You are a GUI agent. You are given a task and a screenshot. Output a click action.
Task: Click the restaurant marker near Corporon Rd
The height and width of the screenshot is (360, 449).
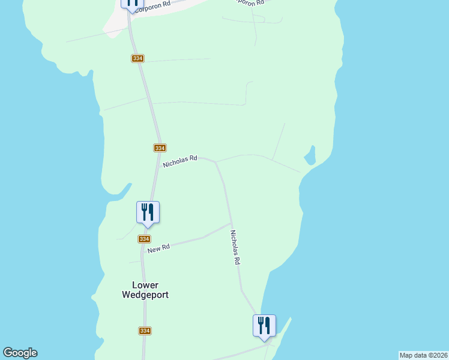click(132, 2)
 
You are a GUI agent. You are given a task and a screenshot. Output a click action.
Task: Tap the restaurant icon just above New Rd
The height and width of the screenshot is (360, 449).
click(148, 212)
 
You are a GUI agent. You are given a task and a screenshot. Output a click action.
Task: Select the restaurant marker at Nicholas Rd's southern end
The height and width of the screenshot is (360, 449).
click(264, 326)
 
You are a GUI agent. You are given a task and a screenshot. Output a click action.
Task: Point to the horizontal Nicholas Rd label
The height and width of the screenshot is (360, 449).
click(180, 161)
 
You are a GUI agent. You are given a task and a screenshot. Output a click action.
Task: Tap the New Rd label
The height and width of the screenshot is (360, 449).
click(158, 248)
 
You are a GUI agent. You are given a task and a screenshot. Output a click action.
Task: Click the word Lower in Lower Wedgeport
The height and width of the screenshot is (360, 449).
click(145, 285)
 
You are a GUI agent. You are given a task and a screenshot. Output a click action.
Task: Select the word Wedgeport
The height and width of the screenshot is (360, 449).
click(145, 295)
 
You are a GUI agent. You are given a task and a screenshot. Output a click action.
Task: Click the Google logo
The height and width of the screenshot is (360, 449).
click(20, 353)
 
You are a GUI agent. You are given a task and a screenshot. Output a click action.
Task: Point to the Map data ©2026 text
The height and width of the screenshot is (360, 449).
click(423, 355)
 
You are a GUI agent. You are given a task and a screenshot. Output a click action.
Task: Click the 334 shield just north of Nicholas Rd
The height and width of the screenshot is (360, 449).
click(159, 148)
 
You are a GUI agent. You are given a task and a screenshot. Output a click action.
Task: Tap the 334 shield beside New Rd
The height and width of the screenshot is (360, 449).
click(144, 239)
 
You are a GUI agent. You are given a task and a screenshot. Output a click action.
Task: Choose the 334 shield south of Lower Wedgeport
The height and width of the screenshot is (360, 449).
click(145, 331)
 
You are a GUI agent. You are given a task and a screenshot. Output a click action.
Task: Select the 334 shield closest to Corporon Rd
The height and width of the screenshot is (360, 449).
click(137, 58)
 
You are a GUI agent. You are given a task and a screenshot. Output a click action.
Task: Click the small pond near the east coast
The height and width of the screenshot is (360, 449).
click(310, 157)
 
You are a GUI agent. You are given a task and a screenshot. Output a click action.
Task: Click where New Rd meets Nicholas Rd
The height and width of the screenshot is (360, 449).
click(231, 224)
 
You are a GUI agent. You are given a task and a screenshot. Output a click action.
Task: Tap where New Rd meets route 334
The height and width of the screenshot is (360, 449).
click(143, 248)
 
